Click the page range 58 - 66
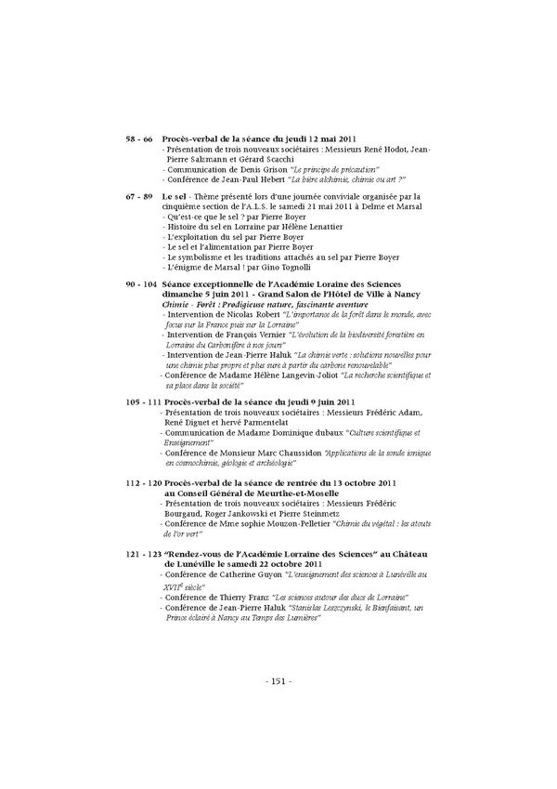(139, 138)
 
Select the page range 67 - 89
(139, 197)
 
